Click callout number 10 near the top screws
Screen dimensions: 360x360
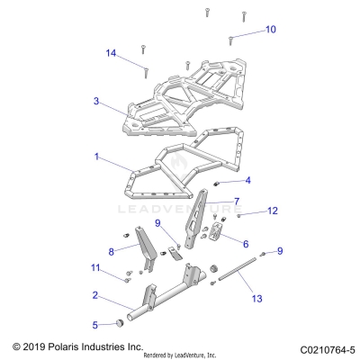[271, 30]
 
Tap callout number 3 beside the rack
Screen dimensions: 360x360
[96, 102]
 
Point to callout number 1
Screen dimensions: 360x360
[96, 156]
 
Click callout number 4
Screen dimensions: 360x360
[247, 180]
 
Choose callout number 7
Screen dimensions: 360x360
[237, 201]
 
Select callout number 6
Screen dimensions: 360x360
[245, 243]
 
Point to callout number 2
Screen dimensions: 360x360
[95, 294]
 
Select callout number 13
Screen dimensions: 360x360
[257, 298]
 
